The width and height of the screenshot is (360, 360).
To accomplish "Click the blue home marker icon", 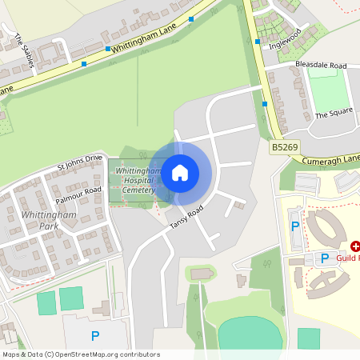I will click(180, 172).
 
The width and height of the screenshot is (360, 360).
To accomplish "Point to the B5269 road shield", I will click(283, 147).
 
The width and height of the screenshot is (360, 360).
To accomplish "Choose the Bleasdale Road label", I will click(321, 65).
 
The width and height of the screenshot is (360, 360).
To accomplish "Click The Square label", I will click(334, 114).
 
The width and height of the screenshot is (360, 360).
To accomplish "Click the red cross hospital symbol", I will click(354, 246).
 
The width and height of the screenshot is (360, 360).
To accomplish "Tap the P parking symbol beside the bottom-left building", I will click(95, 336).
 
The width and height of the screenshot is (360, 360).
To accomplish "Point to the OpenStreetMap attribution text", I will click(81, 354).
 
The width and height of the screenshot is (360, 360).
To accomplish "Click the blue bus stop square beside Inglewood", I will click(258, 42).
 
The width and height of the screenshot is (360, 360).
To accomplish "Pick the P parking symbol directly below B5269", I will click(294, 226).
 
